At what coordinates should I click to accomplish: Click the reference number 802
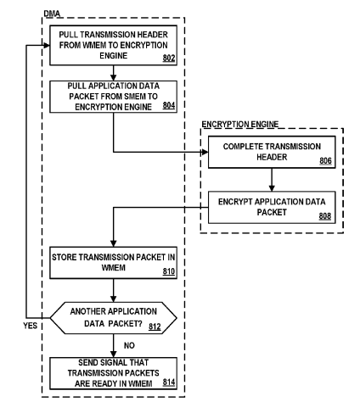169,58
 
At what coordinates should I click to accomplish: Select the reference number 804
169,105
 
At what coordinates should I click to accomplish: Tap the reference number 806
325,161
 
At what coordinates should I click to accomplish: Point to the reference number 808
325,216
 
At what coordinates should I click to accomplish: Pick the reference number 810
169,271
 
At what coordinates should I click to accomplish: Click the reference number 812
155,326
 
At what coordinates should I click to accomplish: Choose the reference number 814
169,382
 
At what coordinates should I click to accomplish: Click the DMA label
52,14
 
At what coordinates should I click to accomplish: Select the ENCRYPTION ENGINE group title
240,124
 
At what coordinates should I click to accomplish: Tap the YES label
31,326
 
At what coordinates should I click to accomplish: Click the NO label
129,345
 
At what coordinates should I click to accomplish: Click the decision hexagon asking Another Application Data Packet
114,318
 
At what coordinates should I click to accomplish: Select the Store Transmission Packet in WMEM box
114,263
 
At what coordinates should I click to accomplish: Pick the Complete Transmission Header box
272,152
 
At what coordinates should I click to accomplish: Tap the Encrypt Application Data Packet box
272,208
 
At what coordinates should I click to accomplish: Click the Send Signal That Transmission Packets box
114,373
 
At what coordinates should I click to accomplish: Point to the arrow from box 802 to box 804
114,73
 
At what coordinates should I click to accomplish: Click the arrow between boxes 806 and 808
272,180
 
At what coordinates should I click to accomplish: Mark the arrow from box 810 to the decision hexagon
114,291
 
